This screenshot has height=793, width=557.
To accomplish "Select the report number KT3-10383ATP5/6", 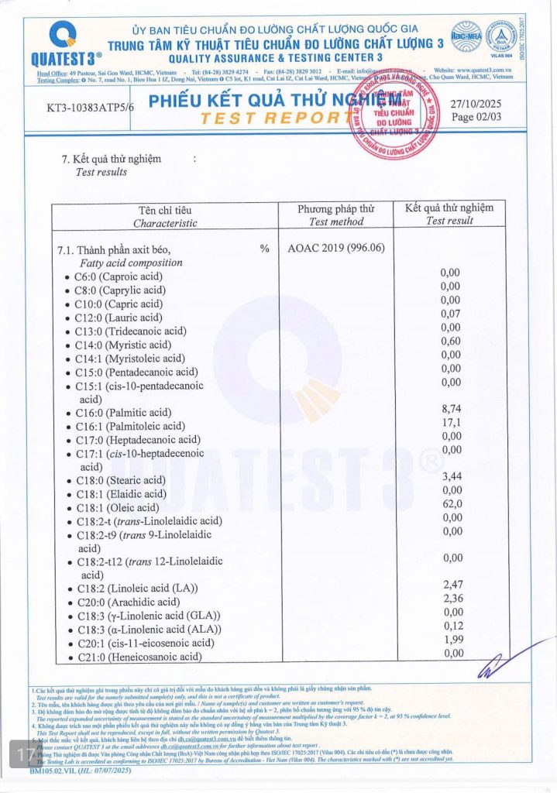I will pyautogui.click(x=90, y=109).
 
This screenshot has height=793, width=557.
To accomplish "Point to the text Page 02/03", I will pyautogui.click(x=473, y=117).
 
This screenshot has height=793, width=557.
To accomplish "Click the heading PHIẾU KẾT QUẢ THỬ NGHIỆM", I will pyautogui.click(x=267, y=101).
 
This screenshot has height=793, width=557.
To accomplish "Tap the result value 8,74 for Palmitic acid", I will pyautogui.click(x=450, y=412).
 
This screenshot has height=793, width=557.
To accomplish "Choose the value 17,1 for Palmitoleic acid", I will pyautogui.click(x=450, y=425).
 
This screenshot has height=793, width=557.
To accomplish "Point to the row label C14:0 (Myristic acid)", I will pyautogui.click(x=123, y=345).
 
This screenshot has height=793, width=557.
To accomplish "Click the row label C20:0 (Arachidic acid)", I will pyautogui.click(x=127, y=602).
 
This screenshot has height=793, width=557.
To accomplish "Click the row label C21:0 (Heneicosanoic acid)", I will pyautogui.click(x=139, y=657).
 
